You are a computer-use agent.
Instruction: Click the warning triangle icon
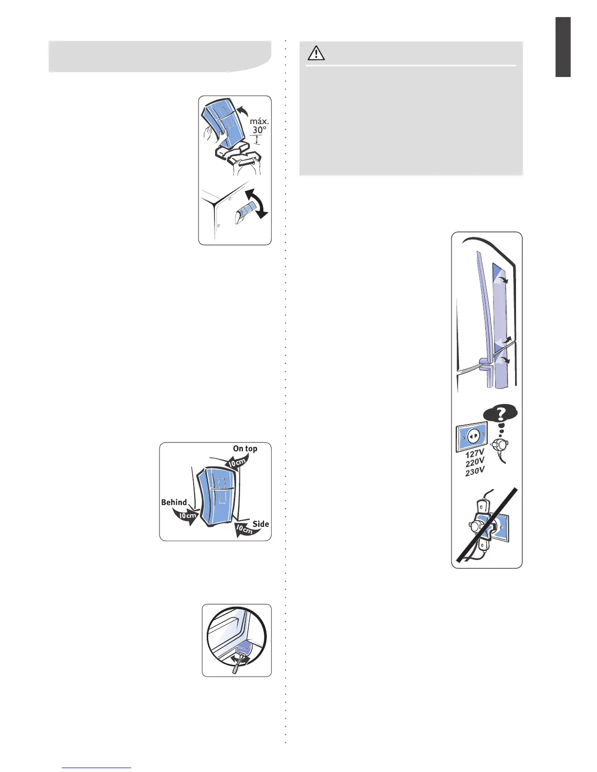coord(316,53)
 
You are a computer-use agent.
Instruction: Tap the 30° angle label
coord(259,130)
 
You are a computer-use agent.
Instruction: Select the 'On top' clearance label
coord(245,448)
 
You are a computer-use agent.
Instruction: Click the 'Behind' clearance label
coord(174,502)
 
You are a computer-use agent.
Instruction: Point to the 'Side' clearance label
coord(260,524)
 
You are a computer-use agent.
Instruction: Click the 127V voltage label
coord(474,454)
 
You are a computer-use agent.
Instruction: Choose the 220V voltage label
coord(475,462)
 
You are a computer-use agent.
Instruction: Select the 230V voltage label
coord(475,471)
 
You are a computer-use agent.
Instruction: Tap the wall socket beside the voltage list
coord(471,437)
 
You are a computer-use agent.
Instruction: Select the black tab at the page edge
coord(563,47)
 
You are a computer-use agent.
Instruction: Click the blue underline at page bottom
coord(97,768)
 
